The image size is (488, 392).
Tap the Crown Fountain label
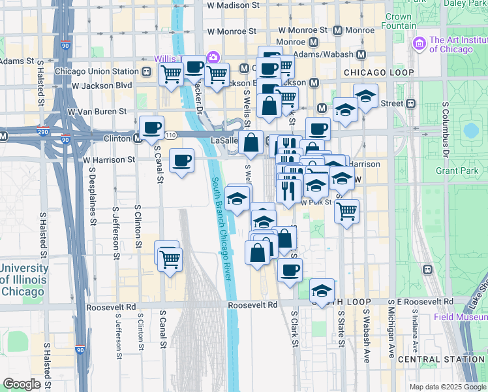399,21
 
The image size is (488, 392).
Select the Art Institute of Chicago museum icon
419,44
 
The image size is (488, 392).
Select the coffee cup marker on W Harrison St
181,159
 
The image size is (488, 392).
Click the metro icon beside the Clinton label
138,139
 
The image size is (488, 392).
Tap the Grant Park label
454,171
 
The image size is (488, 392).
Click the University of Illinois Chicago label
24,280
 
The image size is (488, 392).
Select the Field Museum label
461,318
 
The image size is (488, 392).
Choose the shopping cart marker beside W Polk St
347,210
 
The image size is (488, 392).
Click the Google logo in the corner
22,384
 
